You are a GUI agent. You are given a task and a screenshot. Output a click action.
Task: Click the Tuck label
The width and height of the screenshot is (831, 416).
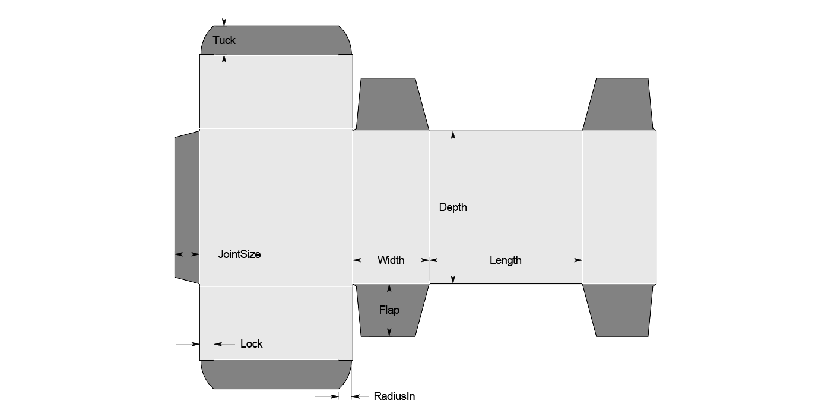(224, 40)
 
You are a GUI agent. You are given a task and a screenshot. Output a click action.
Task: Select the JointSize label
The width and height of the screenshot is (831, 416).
(239, 254)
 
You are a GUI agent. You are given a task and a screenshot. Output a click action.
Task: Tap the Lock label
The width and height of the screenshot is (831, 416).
(251, 343)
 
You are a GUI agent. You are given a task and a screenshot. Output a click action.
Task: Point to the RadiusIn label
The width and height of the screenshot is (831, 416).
(394, 396)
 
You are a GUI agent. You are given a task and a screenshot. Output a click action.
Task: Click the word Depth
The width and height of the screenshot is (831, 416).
(453, 207)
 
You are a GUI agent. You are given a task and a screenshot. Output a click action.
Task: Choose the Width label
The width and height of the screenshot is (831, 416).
(391, 260)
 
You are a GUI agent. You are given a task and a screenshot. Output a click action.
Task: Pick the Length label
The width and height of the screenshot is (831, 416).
(505, 260)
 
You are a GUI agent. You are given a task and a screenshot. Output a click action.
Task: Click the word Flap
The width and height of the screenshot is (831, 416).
(389, 310)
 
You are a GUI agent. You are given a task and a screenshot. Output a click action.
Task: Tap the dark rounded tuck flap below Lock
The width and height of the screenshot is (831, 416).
(276, 374)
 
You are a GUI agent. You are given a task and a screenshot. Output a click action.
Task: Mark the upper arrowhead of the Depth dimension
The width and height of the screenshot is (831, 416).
(453, 134)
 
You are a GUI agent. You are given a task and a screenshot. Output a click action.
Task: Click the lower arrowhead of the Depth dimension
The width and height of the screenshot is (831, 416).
(453, 280)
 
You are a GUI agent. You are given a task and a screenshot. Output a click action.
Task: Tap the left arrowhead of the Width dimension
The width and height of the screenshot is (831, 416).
(357, 260)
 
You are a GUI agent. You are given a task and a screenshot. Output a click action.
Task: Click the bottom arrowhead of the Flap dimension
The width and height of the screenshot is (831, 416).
(389, 332)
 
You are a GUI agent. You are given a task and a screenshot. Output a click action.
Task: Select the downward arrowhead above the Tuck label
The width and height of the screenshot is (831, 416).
(224, 22)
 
